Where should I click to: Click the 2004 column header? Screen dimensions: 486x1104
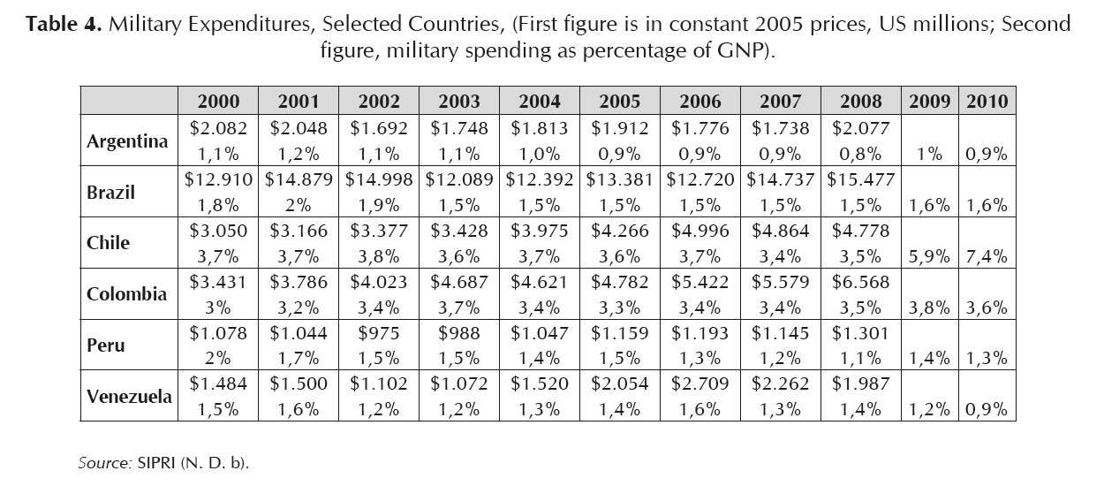click(x=540, y=101)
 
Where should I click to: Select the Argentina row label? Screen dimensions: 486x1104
click(x=128, y=141)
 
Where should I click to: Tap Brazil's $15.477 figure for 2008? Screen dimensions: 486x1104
click(x=861, y=179)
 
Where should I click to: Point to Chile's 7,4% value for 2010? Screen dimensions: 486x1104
click(x=987, y=256)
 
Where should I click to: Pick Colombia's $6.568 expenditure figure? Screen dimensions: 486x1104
click(x=861, y=282)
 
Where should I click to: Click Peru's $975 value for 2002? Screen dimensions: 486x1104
click(x=379, y=333)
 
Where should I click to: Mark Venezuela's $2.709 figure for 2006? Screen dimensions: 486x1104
click(x=700, y=384)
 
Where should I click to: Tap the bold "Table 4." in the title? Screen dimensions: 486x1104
click(x=64, y=24)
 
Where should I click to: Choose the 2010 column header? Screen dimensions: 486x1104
click(x=987, y=101)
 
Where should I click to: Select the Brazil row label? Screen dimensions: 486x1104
click(x=111, y=191)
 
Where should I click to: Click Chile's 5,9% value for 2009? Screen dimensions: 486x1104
click(x=929, y=256)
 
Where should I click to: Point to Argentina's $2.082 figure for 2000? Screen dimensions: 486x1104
click(x=218, y=128)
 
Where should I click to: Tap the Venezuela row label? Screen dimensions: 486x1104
click(x=129, y=396)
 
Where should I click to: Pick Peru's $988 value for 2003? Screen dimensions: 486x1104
click(x=459, y=333)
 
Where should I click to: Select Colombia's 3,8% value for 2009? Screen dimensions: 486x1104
click(x=929, y=308)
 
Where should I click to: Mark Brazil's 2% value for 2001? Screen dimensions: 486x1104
click(x=299, y=205)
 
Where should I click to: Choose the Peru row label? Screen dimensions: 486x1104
click(x=106, y=345)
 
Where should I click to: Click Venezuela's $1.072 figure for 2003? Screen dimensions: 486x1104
click(x=459, y=384)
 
